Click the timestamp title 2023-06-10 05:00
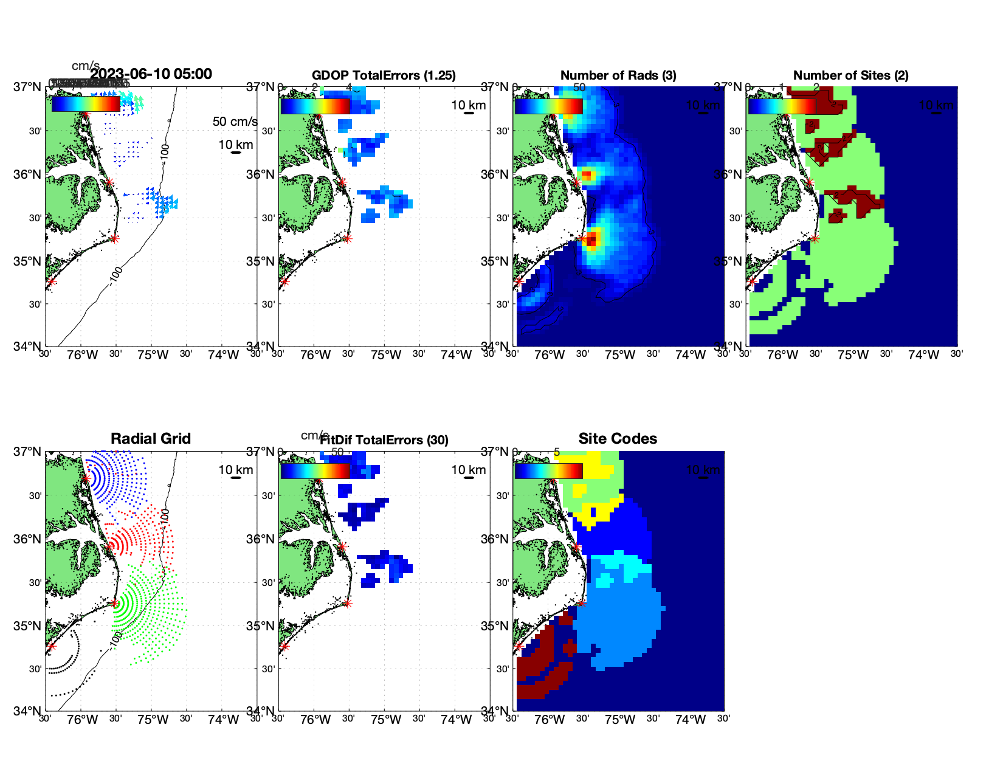151,74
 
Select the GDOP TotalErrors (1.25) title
384,75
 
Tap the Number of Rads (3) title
618,75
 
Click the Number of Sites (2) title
850,75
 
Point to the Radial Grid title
151,439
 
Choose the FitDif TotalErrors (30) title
384,440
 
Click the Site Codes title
618,439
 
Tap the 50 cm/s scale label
235,122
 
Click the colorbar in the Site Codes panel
548,471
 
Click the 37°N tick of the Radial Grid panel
27,452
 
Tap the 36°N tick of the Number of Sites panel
728,174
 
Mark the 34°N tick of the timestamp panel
27,346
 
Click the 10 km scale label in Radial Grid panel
236,470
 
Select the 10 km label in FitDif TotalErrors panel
469,470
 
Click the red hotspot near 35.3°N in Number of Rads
591,239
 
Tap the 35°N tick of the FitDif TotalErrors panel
261,626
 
